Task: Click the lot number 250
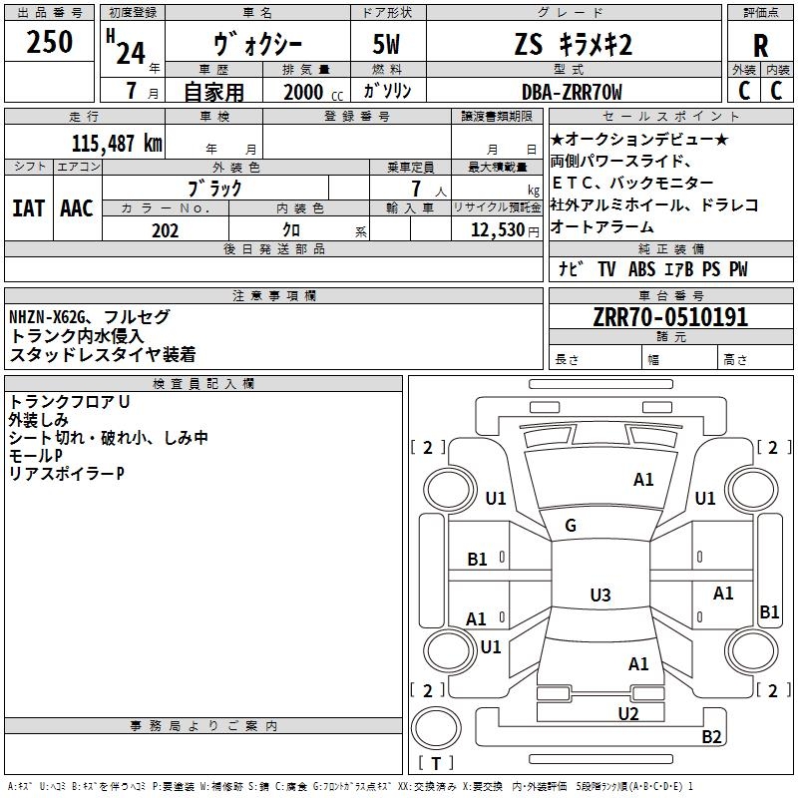click(49, 42)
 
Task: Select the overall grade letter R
click(760, 46)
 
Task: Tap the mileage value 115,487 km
click(117, 144)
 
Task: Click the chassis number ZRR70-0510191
click(670, 317)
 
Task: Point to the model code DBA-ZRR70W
click(572, 92)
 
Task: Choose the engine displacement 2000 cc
click(313, 92)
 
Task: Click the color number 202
click(165, 230)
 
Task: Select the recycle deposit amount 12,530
click(498, 230)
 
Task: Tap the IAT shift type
click(29, 208)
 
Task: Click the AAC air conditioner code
click(77, 208)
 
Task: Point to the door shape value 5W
click(386, 44)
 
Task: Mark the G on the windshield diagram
click(571, 526)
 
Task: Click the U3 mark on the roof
click(600, 595)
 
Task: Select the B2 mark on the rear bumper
click(711, 736)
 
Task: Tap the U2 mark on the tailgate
click(628, 713)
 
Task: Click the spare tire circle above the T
click(436, 729)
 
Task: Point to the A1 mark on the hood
click(643, 480)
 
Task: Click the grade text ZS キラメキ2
click(574, 45)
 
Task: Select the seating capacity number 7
click(416, 189)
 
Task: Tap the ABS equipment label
click(641, 269)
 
